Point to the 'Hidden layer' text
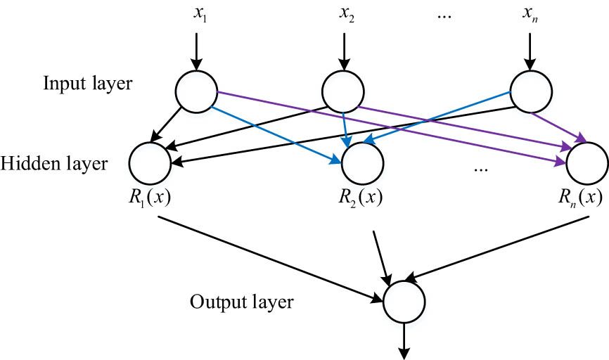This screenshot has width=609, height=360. click(x=55, y=164)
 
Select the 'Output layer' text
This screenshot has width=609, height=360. click(x=241, y=303)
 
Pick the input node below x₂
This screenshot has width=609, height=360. click(x=342, y=91)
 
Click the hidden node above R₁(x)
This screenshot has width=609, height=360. click(x=150, y=163)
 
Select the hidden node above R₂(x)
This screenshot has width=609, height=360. click(x=362, y=163)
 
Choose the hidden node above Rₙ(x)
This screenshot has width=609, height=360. click(x=586, y=163)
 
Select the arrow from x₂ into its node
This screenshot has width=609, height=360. click(x=343, y=49)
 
